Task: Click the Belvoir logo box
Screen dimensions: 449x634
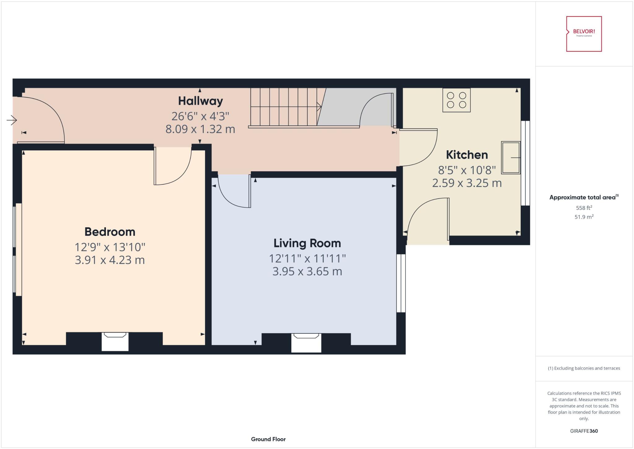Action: click(584, 34)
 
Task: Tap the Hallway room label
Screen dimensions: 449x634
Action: click(200, 101)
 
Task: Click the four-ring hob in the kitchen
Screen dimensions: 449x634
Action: click(456, 100)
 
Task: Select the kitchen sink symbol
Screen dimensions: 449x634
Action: click(511, 158)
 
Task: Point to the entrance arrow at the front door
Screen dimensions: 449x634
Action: click(11, 120)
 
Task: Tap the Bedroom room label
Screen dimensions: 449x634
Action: click(110, 232)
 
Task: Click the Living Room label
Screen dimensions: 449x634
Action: click(307, 243)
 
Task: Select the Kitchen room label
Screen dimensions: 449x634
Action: click(467, 155)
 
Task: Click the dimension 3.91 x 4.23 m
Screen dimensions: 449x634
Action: click(110, 260)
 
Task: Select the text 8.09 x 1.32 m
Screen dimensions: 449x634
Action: click(200, 129)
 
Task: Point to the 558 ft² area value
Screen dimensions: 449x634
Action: click(584, 208)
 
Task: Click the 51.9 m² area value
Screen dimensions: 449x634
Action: click(584, 217)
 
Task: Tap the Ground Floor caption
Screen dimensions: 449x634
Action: click(268, 439)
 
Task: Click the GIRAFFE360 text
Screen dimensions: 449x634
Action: click(584, 431)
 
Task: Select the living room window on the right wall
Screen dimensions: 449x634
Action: click(401, 283)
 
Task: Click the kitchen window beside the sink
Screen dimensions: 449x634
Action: click(525, 163)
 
